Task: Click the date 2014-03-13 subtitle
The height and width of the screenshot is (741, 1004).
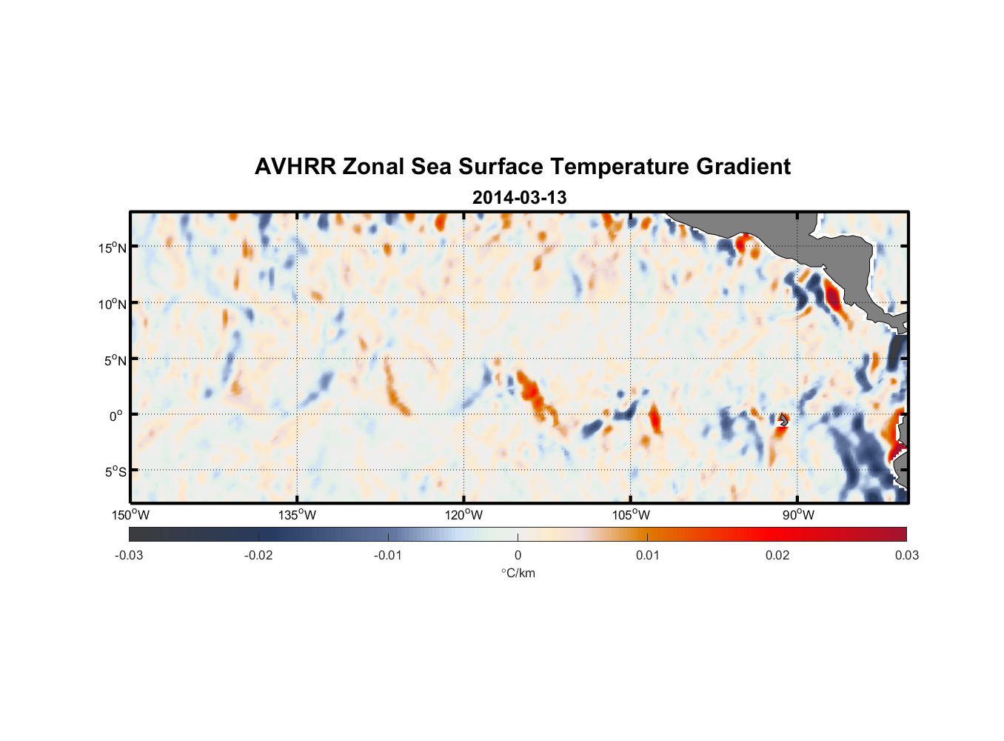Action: [x=519, y=198]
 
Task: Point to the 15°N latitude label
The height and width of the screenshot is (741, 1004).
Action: [x=113, y=247]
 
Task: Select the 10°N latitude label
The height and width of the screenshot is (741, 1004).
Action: [x=113, y=304]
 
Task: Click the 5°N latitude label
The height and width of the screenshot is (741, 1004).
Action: [x=115, y=360]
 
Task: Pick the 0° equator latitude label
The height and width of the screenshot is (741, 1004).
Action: [x=116, y=416]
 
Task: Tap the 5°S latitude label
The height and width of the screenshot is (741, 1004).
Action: [x=115, y=472]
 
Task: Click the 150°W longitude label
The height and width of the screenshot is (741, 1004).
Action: [x=131, y=515]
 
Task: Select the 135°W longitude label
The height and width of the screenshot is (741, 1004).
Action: [x=298, y=515]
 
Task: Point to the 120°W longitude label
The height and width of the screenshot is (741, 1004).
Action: [x=464, y=515]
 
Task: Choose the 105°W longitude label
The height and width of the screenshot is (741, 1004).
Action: [x=631, y=515]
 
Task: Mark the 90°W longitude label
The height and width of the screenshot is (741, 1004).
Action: [x=798, y=515]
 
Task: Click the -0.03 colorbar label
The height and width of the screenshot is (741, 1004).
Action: [x=129, y=555]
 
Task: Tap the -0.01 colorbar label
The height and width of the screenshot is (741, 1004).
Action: [x=388, y=555]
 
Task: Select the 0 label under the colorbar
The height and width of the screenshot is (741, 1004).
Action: [x=518, y=555]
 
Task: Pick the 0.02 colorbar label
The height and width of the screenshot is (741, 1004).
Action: [x=777, y=555]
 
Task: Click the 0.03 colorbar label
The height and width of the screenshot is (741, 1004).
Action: [x=906, y=555]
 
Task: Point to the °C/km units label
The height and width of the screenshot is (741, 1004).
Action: [x=518, y=573]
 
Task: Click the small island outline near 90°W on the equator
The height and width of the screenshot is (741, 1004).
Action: [x=783, y=420]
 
